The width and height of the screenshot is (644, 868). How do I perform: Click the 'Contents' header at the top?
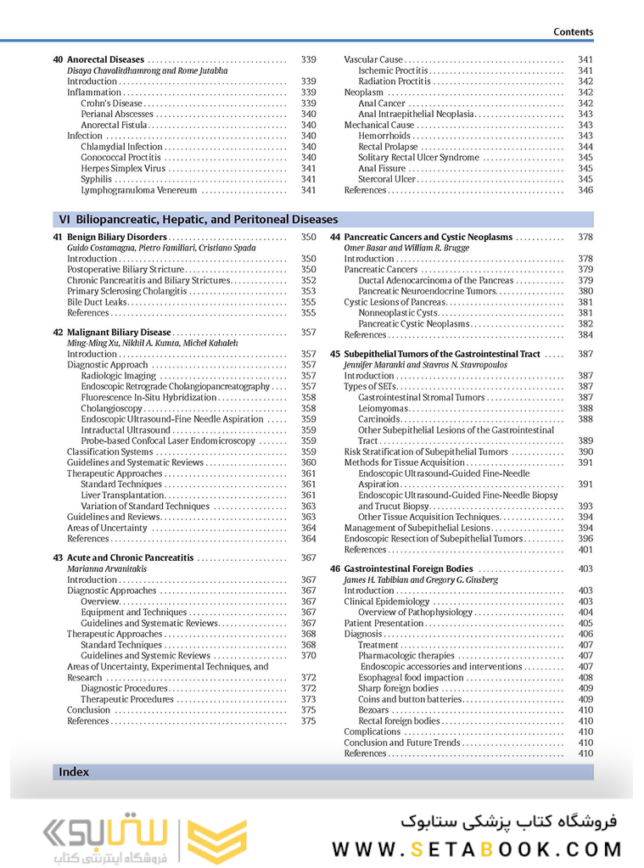click(573, 31)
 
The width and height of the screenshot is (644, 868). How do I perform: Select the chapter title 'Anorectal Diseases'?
click(105, 60)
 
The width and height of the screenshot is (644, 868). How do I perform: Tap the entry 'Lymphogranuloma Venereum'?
click(138, 190)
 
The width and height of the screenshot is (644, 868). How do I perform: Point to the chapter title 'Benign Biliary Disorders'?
click(117, 238)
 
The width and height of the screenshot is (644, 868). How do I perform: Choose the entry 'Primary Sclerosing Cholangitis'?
click(126, 291)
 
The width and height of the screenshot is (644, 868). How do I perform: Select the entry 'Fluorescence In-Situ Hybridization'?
click(148, 397)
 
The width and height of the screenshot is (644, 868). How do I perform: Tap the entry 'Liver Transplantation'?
click(122, 495)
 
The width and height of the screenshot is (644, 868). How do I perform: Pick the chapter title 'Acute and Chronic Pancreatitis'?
click(130, 558)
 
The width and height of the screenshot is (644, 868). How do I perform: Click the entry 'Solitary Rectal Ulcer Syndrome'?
click(418, 158)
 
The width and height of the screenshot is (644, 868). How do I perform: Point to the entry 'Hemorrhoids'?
click(384, 136)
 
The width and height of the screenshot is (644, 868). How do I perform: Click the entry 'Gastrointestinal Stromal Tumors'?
click(421, 397)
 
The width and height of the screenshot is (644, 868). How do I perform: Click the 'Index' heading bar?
click(75, 772)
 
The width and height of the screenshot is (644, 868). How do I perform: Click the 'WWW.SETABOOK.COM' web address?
click(476, 848)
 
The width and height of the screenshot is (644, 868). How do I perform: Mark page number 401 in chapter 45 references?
click(585, 549)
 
